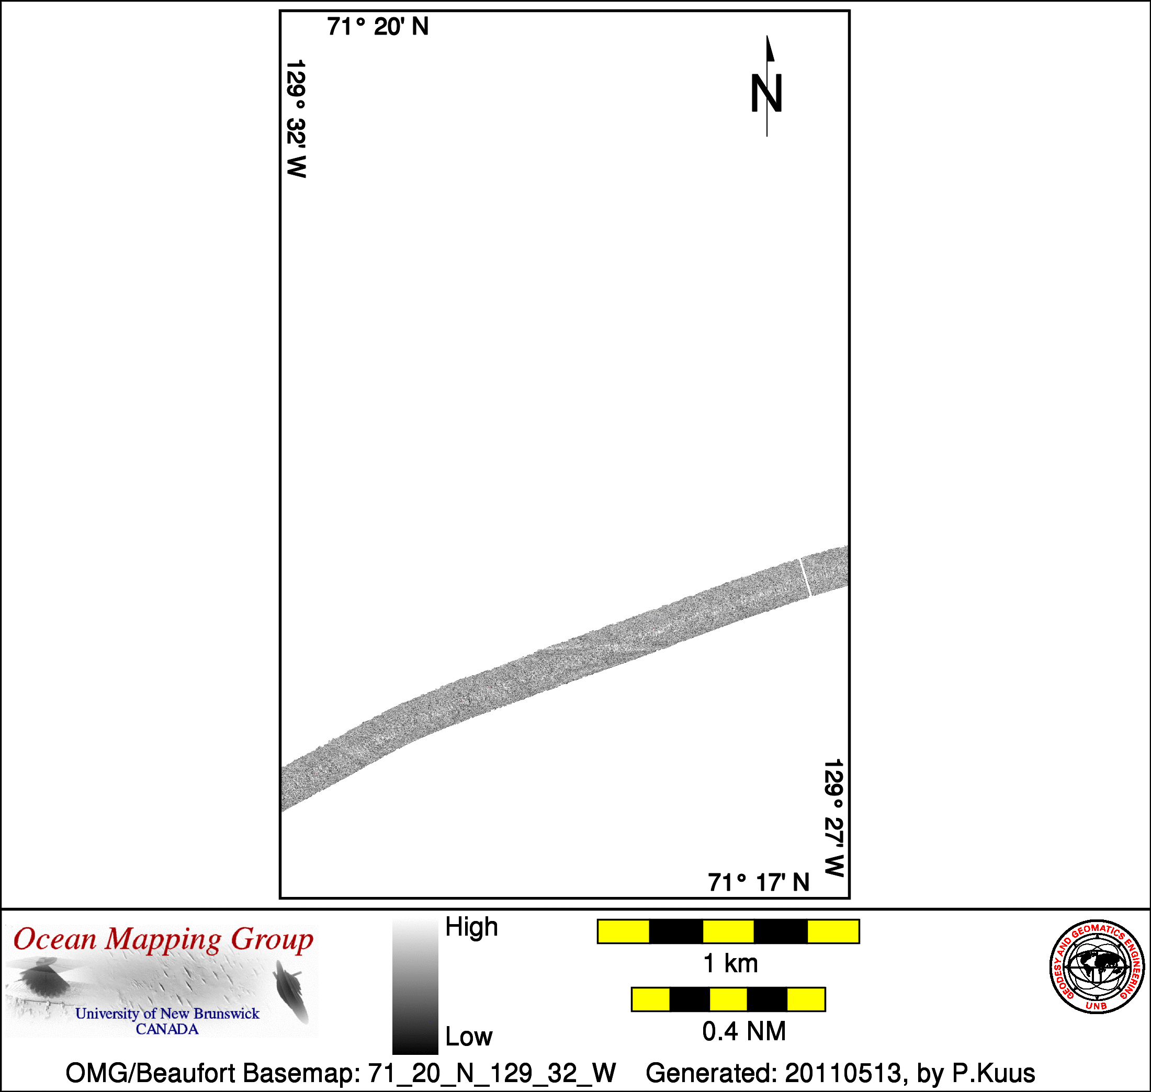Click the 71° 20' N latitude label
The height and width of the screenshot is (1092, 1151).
point(377,27)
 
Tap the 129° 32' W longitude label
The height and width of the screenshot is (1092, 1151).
point(296,118)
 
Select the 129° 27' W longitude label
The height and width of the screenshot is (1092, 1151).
point(834,818)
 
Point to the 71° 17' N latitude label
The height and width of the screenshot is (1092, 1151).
point(759,883)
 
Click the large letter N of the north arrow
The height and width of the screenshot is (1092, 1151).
point(766,93)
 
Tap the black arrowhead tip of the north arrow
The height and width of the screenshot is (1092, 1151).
point(767,36)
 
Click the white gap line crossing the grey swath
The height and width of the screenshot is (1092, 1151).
point(805,577)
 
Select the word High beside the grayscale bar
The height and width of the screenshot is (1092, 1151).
point(471,927)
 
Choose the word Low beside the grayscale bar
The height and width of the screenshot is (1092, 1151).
point(469,1037)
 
